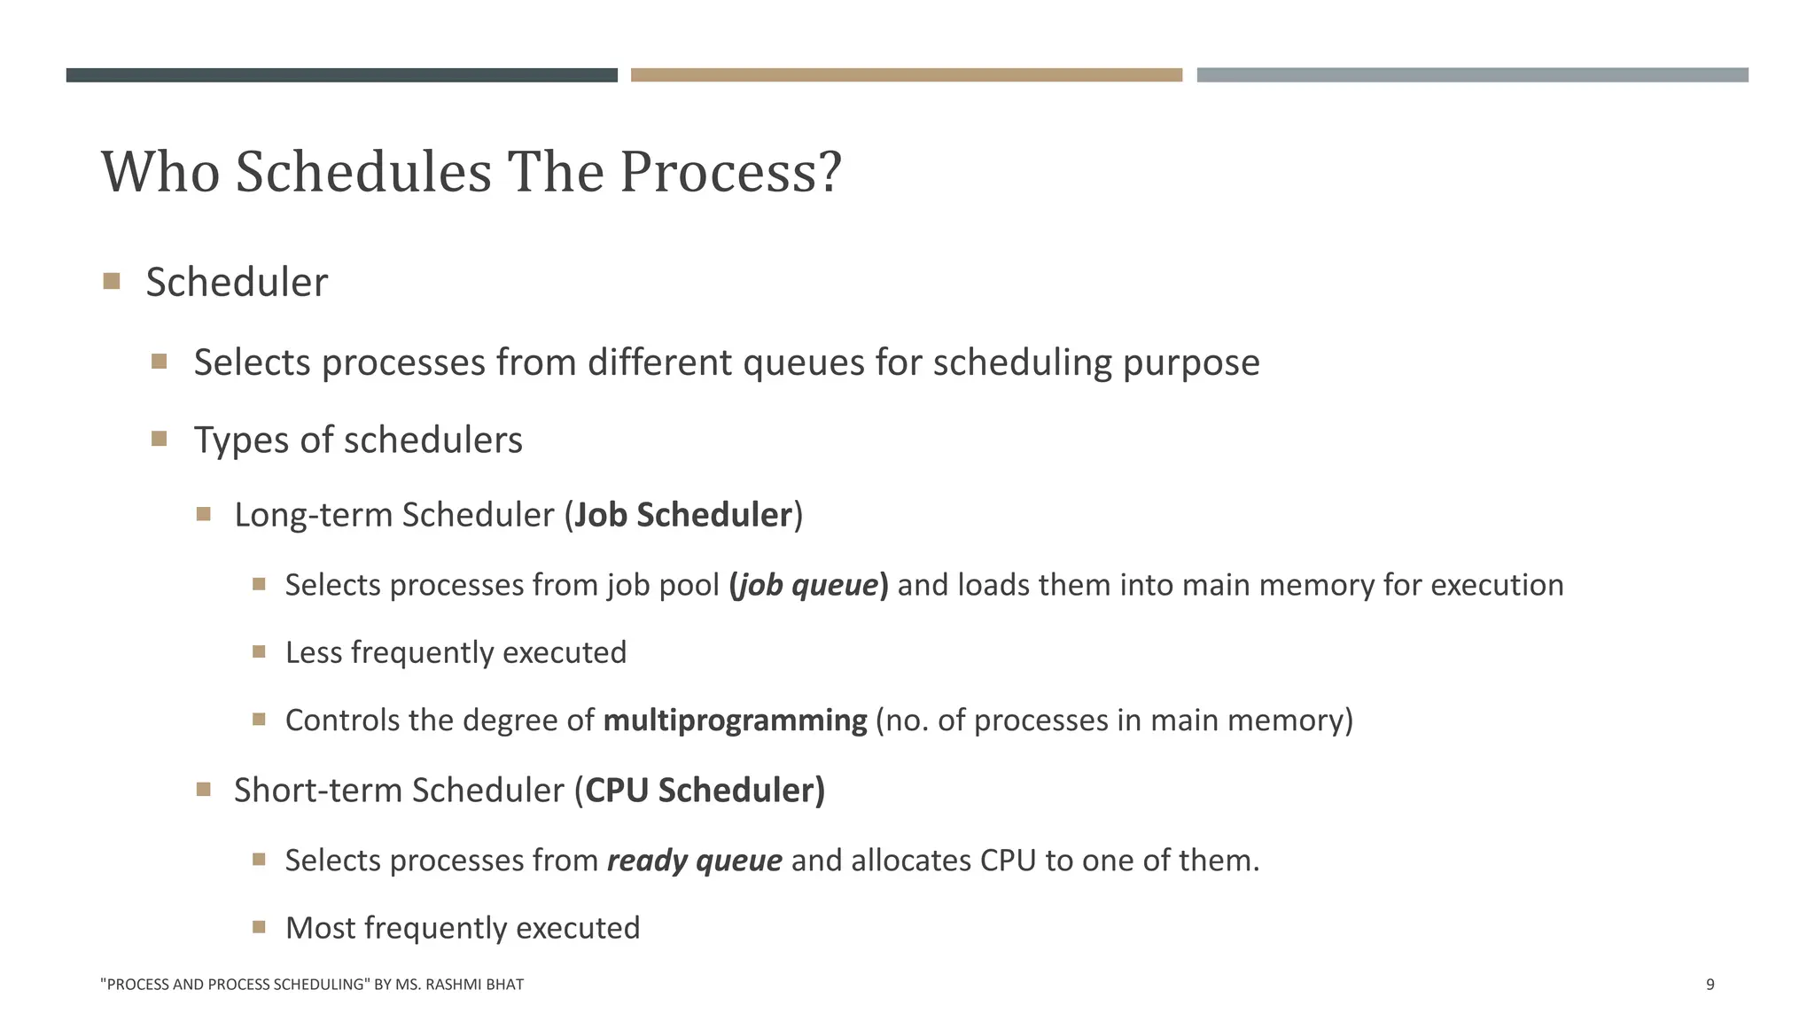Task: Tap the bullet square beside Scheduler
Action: click(112, 282)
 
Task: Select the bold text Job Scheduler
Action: click(683, 515)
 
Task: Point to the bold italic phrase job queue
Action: click(808, 585)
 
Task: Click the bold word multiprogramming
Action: click(735, 720)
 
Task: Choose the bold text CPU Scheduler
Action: click(705, 790)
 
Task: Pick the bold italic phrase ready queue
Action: click(694, 860)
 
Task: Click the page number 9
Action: click(1710, 984)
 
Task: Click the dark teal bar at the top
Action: click(341, 75)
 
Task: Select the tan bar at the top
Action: click(907, 75)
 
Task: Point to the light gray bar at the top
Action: click(1472, 75)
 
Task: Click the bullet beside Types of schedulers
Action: click(160, 439)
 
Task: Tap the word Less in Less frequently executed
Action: click(314, 652)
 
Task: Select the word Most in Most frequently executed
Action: click(320, 928)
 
